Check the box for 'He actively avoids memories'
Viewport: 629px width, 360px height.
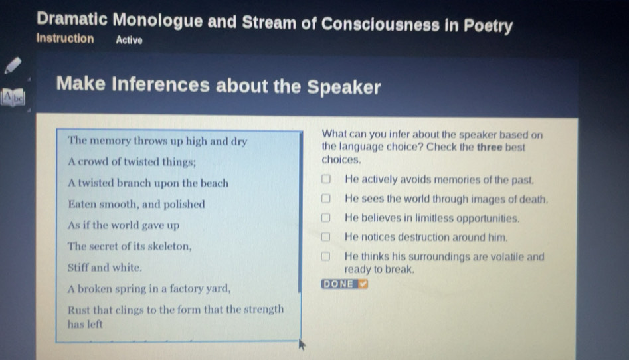325,179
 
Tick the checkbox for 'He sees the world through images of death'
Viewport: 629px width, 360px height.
325,198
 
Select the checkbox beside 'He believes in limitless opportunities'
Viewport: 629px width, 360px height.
325,217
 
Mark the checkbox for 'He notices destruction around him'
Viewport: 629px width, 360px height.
325,236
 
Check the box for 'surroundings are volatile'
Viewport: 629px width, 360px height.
325,256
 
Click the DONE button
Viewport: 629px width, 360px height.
344,284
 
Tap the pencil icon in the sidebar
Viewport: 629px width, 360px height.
13,65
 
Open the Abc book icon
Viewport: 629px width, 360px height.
13,98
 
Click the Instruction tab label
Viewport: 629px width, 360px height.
65,38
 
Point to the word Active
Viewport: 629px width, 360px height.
129,40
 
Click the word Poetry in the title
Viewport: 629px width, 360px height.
488,26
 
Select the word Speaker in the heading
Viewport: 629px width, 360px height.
344,87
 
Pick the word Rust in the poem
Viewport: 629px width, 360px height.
78,310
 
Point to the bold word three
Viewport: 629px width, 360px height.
490,147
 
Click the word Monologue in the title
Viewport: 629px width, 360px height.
157,20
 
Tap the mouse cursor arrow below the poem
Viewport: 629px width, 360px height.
302,344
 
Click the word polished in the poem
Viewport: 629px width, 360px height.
184,205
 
